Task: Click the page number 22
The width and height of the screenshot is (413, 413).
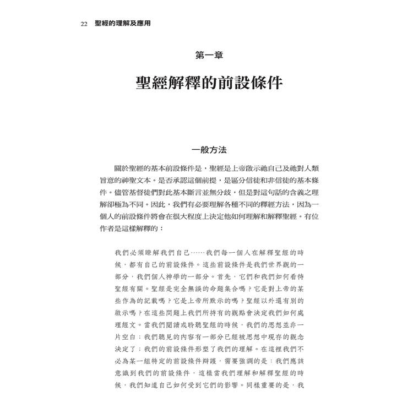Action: pyautogui.click(x=84, y=24)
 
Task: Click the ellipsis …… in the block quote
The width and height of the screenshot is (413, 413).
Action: pyautogui.click(x=197, y=252)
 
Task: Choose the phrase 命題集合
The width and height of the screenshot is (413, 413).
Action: pyautogui.click(x=217, y=289)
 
